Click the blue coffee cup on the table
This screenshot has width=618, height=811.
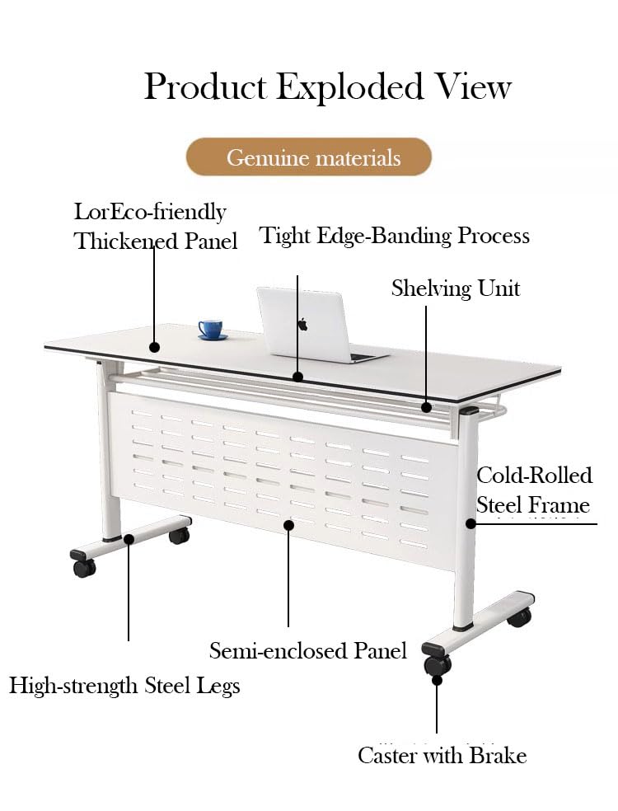pyautogui.click(x=212, y=329)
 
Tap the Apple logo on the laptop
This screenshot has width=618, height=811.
pyautogui.click(x=302, y=324)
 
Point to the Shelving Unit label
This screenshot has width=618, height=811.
pyautogui.click(x=455, y=288)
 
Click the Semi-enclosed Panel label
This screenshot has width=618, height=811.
pyautogui.click(x=308, y=650)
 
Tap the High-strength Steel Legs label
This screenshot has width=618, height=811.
pyautogui.click(x=124, y=685)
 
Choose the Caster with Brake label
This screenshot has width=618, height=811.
pyautogui.click(x=442, y=755)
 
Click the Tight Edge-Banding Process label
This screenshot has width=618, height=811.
pyautogui.click(x=395, y=236)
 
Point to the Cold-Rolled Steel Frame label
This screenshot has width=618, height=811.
pyautogui.click(x=534, y=490)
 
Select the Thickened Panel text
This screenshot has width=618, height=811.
pyautogui.click(x=156, y=241)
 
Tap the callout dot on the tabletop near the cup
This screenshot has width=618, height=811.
pyautogui.click(x=154, y=348)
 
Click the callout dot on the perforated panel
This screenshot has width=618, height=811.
pyautogui.click(x=288, y=523)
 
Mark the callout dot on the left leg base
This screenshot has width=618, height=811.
pyautogui.click(x=129, y=539)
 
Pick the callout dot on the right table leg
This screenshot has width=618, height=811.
pyautogui.click(x=471, y=523)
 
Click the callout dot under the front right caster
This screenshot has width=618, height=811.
pyautogui.click(x=437, y=680)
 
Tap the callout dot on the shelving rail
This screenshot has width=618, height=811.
pyautogui.click(x=426, y=406)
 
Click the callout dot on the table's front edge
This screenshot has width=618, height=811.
pyautogui.click(x=297, y=377)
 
